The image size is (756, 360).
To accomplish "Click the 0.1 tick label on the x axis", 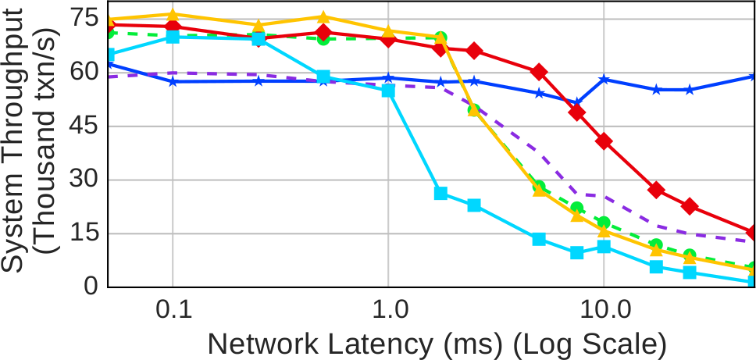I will click(x=173, y=310).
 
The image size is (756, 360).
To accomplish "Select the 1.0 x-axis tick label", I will click(x=388, y=310).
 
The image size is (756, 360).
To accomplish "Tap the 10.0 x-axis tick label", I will click(x=604, y=310).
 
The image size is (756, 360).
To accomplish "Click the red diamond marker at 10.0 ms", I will click(x=604, y=141).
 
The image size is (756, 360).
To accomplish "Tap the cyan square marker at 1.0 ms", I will click(x=388, y=91).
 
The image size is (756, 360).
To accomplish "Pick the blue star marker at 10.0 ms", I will click(x=604, y=79).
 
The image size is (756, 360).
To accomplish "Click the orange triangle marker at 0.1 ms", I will click(x=173, y=15).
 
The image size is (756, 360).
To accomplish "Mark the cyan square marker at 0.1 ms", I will click(x=173, y=37).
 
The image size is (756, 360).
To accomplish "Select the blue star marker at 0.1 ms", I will click(x=173, y=81).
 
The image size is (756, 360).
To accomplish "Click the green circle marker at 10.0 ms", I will click(x=604, y=222).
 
